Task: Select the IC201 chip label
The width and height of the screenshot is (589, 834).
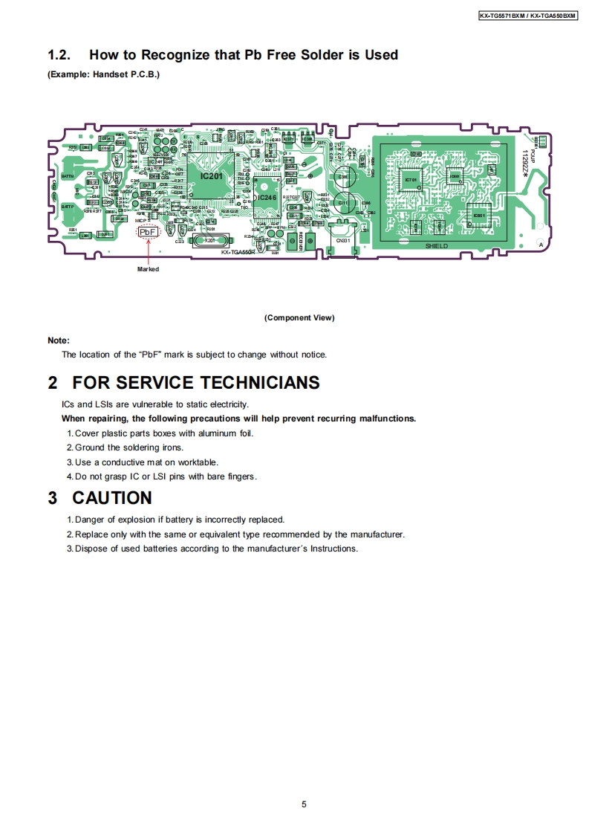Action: tap(211, 175)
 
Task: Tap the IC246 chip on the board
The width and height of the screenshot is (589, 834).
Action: tap(267, 198)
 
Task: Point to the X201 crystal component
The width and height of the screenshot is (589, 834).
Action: tap(210, 241)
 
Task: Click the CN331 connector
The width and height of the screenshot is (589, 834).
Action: tap(342, 240)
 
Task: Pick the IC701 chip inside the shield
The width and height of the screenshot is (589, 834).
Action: tap(411, 180)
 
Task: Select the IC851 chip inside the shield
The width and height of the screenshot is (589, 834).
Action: tap(479, 215)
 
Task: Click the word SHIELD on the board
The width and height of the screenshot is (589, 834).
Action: tap(437, 246)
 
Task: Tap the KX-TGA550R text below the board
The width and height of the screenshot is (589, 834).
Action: tap(238, 253)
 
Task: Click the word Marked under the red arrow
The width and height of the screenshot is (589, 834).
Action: tap(148, 269)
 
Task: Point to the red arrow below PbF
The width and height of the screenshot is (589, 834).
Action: tap(149, 252)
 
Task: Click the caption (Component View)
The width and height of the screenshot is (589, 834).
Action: tap(299, 318)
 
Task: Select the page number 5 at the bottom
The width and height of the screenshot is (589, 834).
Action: tap(304, 804)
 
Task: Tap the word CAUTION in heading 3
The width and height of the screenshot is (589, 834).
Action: tap(112, 498)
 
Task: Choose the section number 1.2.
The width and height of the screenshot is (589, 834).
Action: tap(59, 55)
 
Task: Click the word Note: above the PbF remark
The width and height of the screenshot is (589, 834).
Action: tap(59, 340)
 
